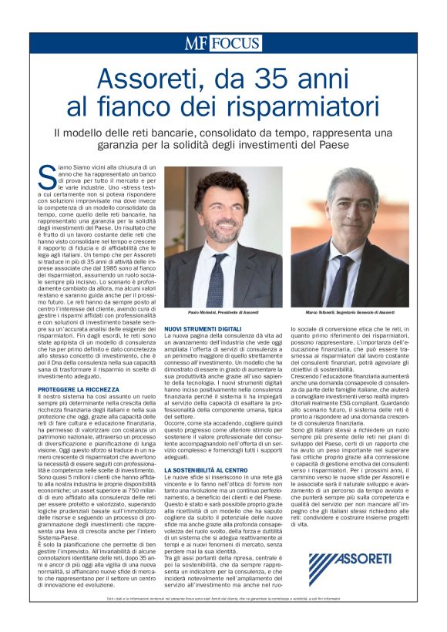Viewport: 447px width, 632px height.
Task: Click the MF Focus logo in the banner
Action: pyautogui.click(x=223, y=43)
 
